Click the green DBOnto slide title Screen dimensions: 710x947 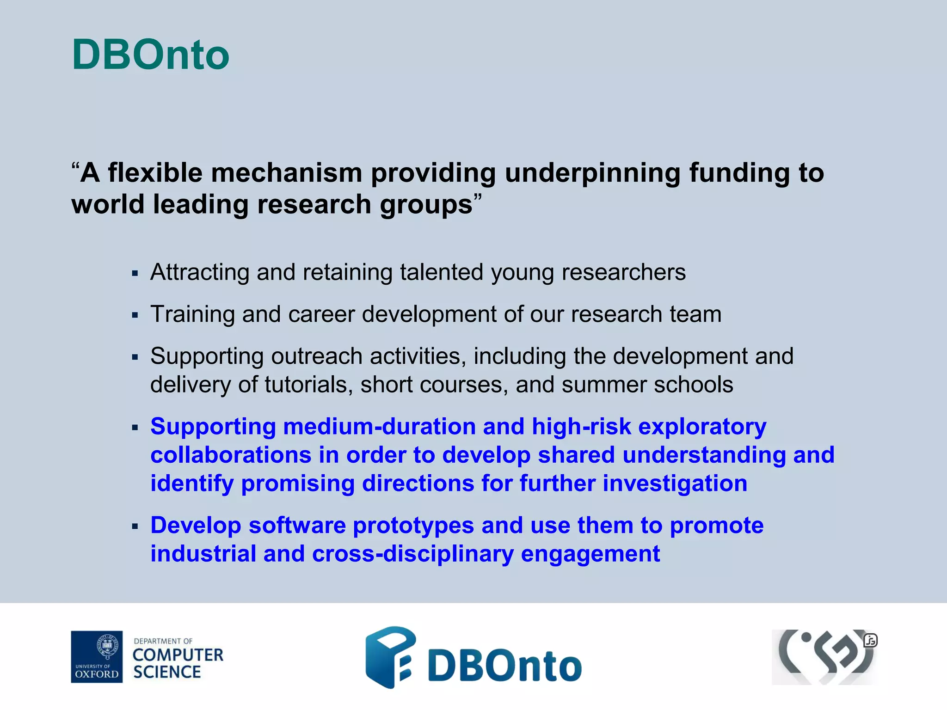(x=151, y=55)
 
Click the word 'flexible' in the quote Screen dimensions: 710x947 (x=155, y=173)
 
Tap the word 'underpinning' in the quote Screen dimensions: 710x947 (x=592, y=173)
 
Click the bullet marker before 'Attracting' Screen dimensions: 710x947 (x=135, y=273)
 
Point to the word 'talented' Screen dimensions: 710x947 (x=441, y=272)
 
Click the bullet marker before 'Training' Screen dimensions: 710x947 (x=135, y=315)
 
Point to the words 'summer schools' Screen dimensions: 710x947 (x=647, y=385)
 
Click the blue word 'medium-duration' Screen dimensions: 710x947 (x=379, y=427)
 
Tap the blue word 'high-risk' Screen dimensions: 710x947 (x=581, y=427)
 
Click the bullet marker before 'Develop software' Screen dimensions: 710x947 (x=135, y=526)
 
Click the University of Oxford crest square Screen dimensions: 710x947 (x=97, y=656)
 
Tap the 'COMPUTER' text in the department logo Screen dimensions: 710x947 (x=178, y=655)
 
